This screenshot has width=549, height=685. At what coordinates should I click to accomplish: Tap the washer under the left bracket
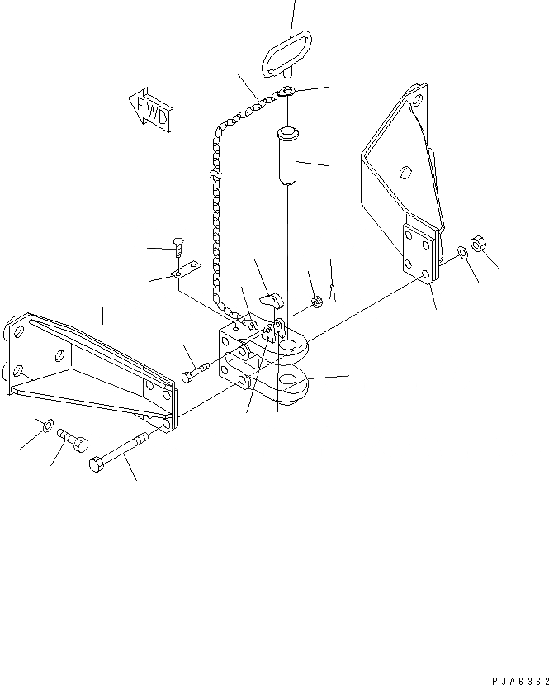48,426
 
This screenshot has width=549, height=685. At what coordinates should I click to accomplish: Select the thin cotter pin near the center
333,288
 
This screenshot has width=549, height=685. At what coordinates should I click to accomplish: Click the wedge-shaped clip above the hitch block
269,298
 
